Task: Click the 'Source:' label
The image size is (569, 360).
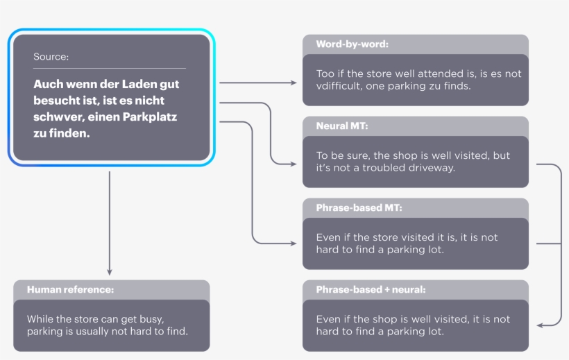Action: pyautogui.click(x=51, y=57)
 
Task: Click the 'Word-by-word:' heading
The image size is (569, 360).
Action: pyautogui.click(x=352, y=44)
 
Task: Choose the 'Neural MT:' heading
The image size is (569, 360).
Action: pyautogui.click(x=342, y=126)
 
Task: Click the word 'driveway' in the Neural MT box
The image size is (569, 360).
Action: pyautogui.click(x=433, y=168)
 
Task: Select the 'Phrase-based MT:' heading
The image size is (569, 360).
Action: pyautogui.click(x=359, y=208)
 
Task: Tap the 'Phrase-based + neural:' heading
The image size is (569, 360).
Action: pyautogui.click(x=371, y=289)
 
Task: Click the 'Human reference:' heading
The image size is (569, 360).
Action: pyautogui.click(x=70, y=289)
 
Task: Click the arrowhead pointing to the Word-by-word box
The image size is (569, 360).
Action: pyautogui.click(x=294, y=83)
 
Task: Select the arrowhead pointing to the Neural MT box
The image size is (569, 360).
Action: pyautogui.click(x=294, y=164)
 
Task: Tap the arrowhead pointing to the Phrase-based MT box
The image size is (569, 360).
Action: pyautogui.click(x=294, y=243)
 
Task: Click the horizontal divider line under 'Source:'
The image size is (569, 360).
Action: pyautogui.click(x=109, y=68)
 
